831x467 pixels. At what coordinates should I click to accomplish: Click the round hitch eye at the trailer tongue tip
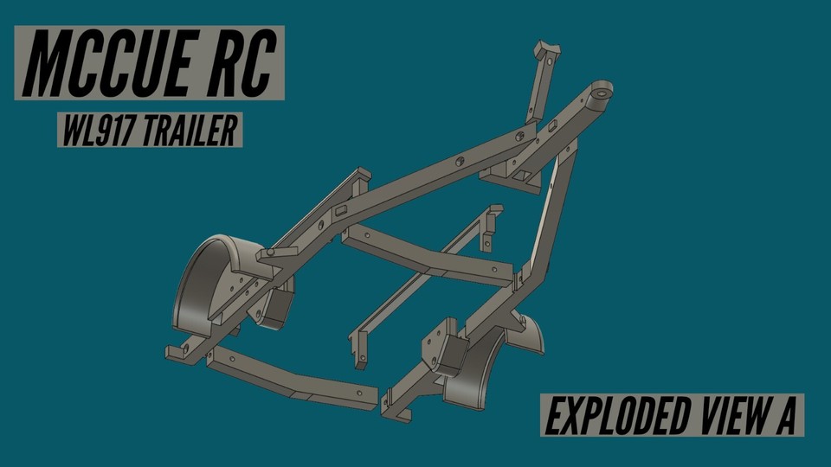click(599, 93)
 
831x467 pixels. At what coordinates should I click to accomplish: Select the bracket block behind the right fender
click(441, 346)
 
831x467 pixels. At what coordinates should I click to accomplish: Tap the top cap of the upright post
click(547, 49)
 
